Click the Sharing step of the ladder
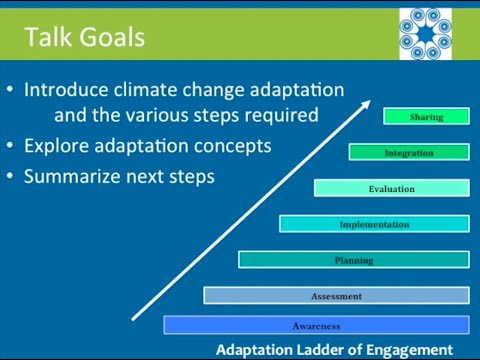pos(426,117)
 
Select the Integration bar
pos(409,153)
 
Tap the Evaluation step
pos(391,188)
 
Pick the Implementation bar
pos(374,224)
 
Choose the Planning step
pos(354,260)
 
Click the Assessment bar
pos(336,296)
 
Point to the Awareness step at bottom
pos(316,325)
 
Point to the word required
pos(281,116)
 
